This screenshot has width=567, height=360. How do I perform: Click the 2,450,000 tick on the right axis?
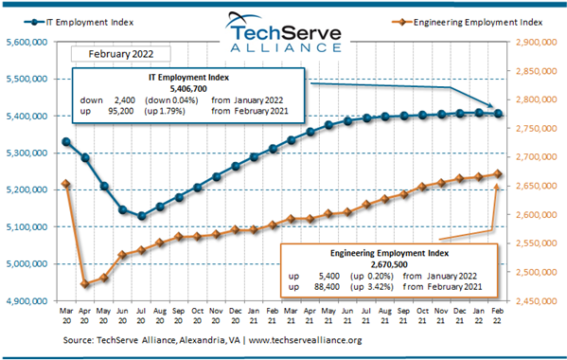pyautogui.click(x=538, y=301)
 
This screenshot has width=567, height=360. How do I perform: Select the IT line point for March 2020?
pyautogui.click(x=65, y=142)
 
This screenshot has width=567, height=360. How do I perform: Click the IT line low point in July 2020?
pyautogui.click(x=142, y=216)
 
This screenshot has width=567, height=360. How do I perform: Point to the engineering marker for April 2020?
pyautogui.click(x=85, y=283)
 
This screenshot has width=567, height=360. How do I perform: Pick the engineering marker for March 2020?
pyautogui.click(x=65, y=184)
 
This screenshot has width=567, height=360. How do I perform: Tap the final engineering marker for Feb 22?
pyautogui.click(x=499, y=174)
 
